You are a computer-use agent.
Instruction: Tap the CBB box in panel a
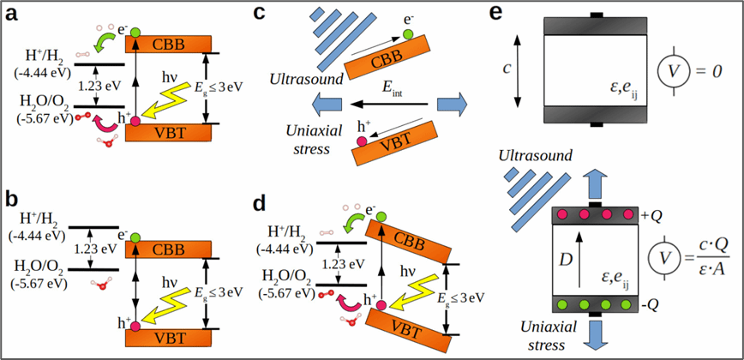(x=170, y=43)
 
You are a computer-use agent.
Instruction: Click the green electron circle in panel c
(x=407, y=33)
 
